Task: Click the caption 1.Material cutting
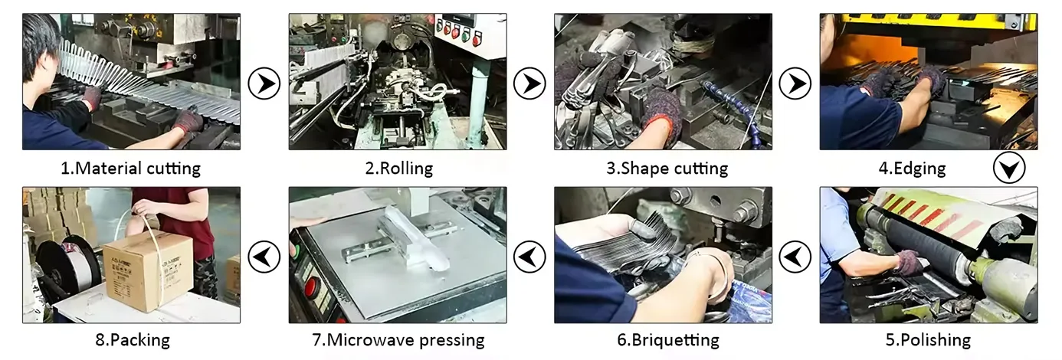(x=130, y=169)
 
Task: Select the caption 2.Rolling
(x=398, y=169)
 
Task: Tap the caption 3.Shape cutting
(x=667, y=169)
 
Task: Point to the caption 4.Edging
(x=912, y=169)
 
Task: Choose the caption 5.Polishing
(x=929, y=339)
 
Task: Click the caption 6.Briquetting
(x=668, y=339)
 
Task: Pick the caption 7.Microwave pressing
(x=398, y=339)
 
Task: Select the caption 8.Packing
(x=133, y=339)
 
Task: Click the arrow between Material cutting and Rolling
(x=264, y=83)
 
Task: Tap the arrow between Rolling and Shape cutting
(x=529, y=83)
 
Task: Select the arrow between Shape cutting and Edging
(x=795, y=83)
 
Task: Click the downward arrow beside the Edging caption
(x=1009, y=168)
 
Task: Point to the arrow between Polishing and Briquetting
(x=795, y=257)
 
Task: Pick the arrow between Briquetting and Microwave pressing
(x=529, y=257)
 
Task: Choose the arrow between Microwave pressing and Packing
(x=264, y=257)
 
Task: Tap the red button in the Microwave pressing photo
(x=312, y=289)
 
